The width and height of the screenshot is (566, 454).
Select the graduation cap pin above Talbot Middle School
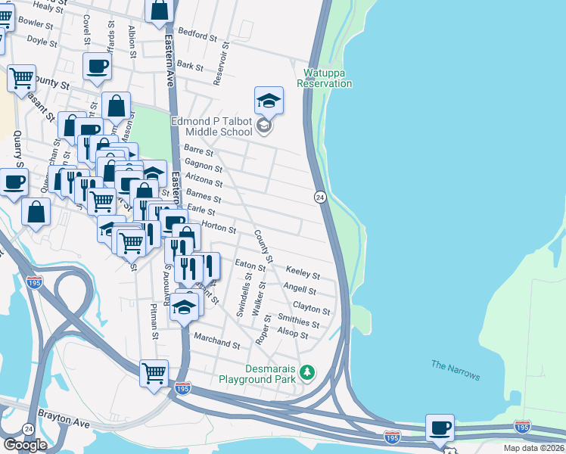[x=269, y=100]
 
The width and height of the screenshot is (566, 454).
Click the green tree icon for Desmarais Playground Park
[x=306, y=372]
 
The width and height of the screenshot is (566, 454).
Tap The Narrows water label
[x=456, y=371]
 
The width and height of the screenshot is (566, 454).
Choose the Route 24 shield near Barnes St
[x=319, y=197]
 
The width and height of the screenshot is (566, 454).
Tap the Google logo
[x=25, y=444]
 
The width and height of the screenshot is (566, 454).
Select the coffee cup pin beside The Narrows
[x=440, y=428]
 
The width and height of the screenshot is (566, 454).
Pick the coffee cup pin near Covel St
[x=97, y=67]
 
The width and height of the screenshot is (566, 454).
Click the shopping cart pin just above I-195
[x=154, y=373]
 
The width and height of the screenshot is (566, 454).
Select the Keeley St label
[x=303, y=272]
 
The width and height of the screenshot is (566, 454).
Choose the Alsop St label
[x=293, y=334]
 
